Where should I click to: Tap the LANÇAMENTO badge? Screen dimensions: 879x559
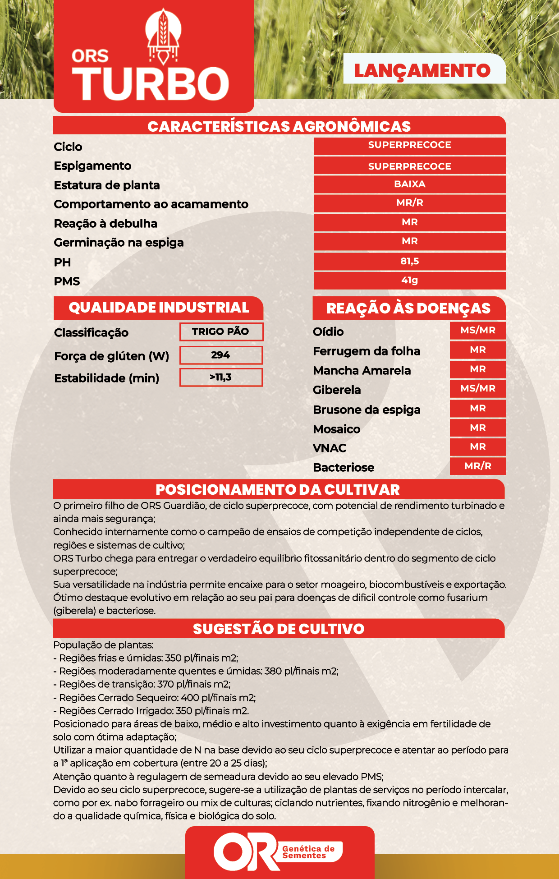pyautogui.click(x=422, y=71)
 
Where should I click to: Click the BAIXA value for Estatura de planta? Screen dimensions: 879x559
pyautogui.click(x=409, y=184)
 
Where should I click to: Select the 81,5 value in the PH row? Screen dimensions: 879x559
pyautogui.click(x=409, y=261)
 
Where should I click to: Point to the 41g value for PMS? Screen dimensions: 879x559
pyautogui.click(x=409, y=280)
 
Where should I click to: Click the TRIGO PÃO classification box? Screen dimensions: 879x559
pyautogui.click(x=221, y=331)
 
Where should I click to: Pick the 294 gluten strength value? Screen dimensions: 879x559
pyautogui.click(x=221, y=355)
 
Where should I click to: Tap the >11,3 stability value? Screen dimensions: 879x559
pyautogui.click(x=221, y=377)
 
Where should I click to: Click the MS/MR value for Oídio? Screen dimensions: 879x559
pyautogui.click(x=477, y=330)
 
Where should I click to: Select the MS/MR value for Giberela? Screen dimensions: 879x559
pyautogui.click(x=477, y=388)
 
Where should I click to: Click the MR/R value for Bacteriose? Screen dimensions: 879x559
pyautogui.click(x=477, y=466)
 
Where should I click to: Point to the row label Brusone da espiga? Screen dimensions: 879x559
pyautogui.click(x=367, y=410)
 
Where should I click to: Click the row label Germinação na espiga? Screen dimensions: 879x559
pyautogui.click(x=119, y=243)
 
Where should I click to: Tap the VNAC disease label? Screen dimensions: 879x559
pyautogui.click(x=330, y=448)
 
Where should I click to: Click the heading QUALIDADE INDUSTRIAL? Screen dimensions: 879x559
pyautogui.click(x=159, y=308)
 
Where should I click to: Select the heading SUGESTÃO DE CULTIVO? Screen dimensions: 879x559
pyautogui.click(x=279, y=629)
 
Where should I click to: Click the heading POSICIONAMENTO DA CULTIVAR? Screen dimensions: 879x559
pyautogui.click(x=278, y=490)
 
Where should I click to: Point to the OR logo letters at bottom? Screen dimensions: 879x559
pyautogui.click(x=246, y=851)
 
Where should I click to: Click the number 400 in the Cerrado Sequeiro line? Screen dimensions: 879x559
pyautogui.click(x=190, y=698)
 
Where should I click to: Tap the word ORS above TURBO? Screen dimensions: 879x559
pyautogui.click(x=90, y=56)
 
